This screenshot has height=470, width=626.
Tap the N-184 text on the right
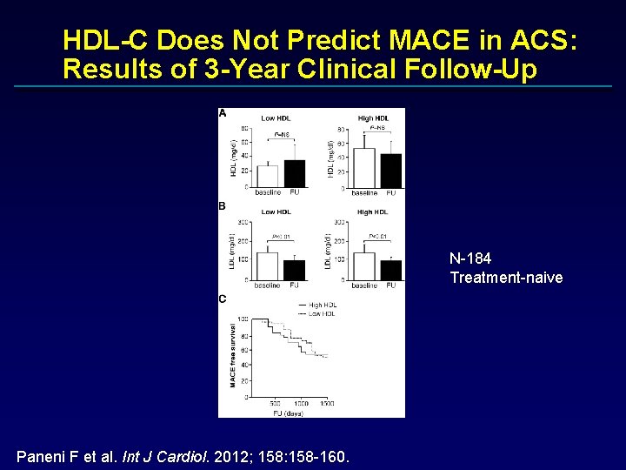(470, 258)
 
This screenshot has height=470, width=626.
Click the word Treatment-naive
(506, 278)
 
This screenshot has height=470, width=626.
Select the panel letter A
(223, 113)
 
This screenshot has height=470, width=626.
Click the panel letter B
(223, 206)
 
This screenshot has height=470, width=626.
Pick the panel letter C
(223, 299)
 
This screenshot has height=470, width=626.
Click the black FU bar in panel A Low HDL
(295, 174)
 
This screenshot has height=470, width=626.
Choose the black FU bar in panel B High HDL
(391, 270)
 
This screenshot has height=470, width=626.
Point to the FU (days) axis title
(287, 412)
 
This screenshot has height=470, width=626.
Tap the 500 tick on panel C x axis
(275, 403)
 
